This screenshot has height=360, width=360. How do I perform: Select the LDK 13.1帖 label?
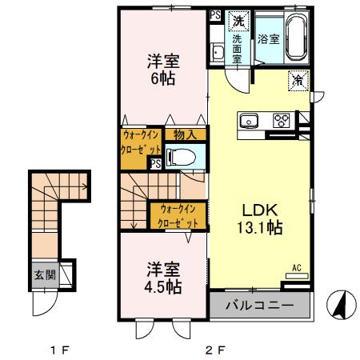260,218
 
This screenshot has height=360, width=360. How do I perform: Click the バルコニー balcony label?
259,305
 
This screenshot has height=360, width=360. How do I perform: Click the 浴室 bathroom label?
268,38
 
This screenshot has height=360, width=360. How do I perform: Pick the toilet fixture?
182,156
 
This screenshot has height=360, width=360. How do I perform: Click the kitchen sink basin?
248,122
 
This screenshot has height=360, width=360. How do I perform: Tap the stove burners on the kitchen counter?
282,121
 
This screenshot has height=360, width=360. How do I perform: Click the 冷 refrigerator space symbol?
297,80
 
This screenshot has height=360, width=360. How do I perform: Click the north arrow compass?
342,303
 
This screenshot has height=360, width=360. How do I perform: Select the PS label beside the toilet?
153,163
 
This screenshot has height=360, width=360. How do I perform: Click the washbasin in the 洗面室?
217,53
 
